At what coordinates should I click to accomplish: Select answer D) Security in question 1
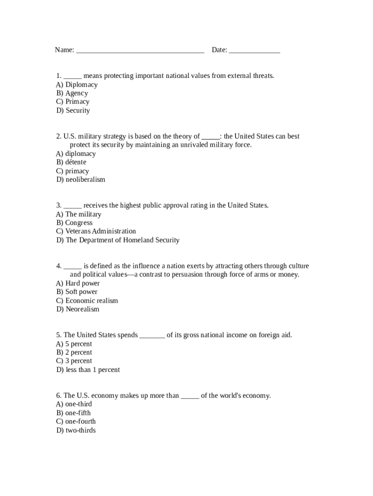click(x=73, y=110)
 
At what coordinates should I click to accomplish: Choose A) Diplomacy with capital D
click(x=77, y=85)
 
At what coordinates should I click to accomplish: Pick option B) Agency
click(x=72, y=93)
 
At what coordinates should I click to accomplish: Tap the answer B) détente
click(x=71, y=162)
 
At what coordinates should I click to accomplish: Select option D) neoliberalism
click(x=80, y=180)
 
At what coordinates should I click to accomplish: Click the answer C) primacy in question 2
click(x=73, y=171)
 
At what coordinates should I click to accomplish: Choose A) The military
click(x=79, y=214)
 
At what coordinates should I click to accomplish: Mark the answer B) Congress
click(x=74, y=223)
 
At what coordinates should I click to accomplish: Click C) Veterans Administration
click(x=96, y=232)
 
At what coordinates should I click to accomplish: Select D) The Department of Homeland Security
click(x=118, y=240)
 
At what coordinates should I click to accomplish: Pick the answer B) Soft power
click(x=77, y=292)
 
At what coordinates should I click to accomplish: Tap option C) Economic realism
click(x=87, y=301)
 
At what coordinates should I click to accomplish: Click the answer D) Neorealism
click(x=78, y=310)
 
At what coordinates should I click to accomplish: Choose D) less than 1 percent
click(x=88, y=370)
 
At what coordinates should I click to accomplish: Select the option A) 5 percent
click(x=74, y=344)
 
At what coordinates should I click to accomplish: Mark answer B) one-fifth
click(x=74, y=413)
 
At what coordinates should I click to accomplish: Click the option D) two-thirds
click(x=76, y=431)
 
